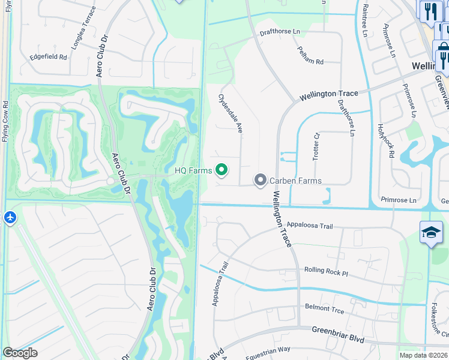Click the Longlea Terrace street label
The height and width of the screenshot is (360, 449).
[x=83, y=29]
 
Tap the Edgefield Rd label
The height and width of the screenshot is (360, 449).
[x=49, y=58]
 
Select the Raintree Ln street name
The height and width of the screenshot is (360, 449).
[x=364, y=20]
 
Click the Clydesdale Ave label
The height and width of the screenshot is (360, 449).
[x=230, y=113]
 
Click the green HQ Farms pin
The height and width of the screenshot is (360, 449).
[x=222, y=170]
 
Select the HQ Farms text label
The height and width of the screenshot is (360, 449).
[x=193, y=171]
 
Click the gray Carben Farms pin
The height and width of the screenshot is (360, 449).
[x=261, y=180]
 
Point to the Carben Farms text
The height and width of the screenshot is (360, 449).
[x=295, y=181]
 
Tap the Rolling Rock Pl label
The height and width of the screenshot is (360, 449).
[x=326, y=271]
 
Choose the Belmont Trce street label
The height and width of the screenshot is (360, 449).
[x=324, y=308]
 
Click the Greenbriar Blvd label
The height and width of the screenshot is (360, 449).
[x=338, y=334]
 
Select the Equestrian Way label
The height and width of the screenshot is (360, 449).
[x=268, y=349]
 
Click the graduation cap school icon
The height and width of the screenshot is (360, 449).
[x=431, y=233]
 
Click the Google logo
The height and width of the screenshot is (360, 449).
[x=20, y=352]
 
